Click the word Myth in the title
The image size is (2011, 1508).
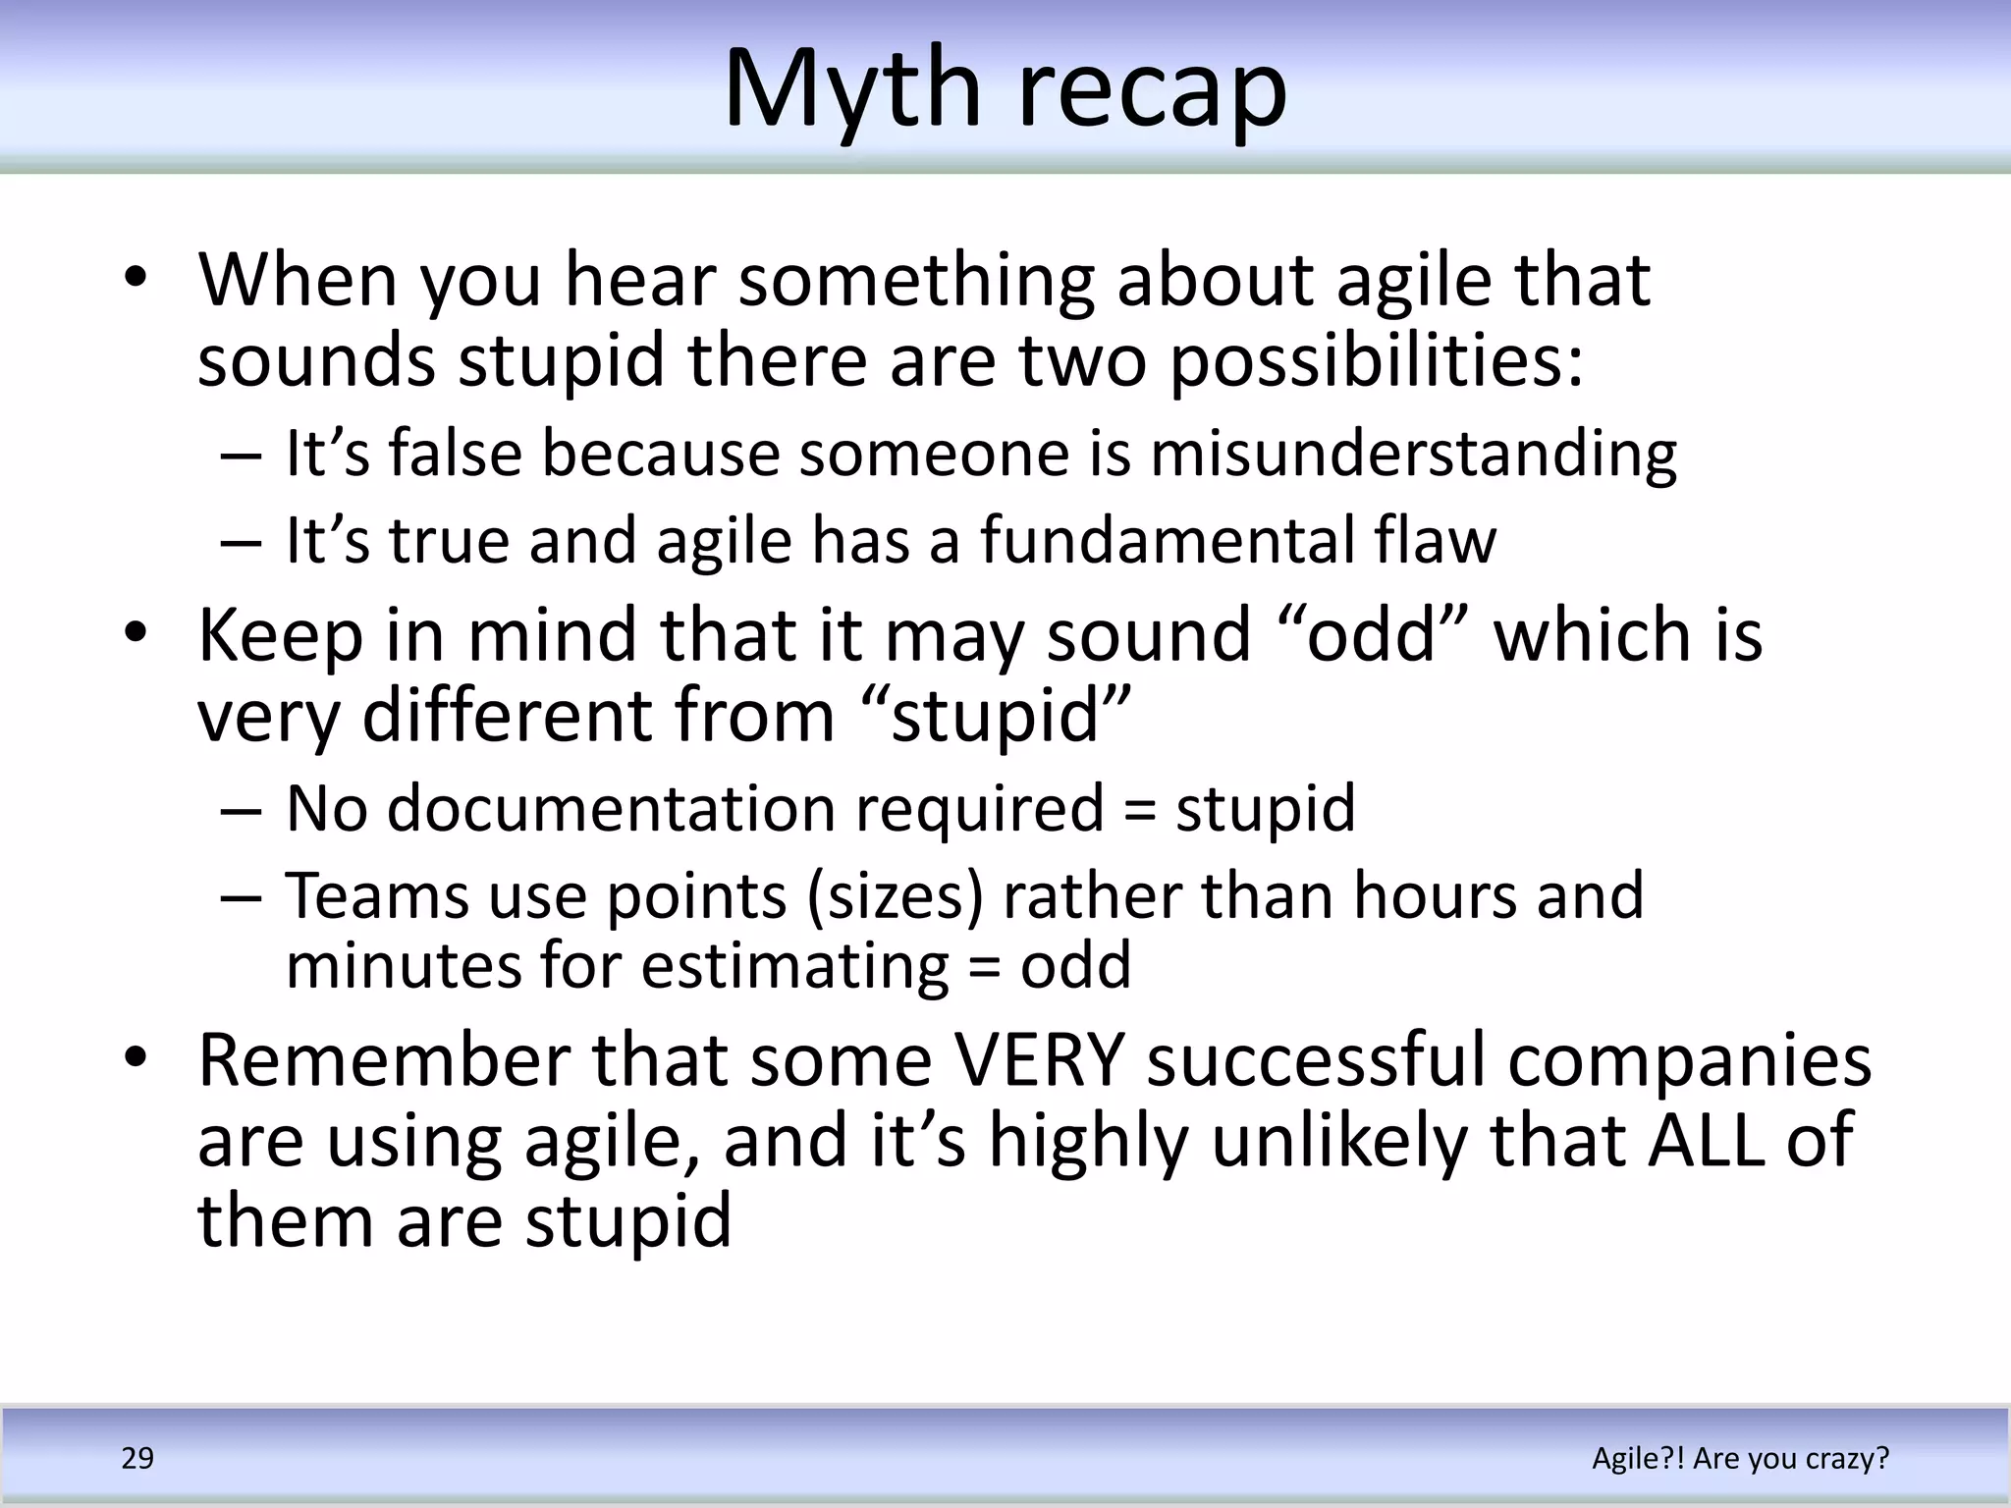click(851, 90)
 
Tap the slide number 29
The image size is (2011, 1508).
click(137, 1458)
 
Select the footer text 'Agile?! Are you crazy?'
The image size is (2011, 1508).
click(1740, 1458)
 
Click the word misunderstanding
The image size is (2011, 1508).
click(1413, 455)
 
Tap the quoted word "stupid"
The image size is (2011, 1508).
click(994, 717)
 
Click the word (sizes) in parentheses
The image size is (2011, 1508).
click(895, 896)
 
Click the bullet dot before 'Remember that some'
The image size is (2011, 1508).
click(136, 1058)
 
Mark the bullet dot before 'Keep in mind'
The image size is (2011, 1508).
click(136, 632)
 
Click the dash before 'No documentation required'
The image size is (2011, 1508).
click(241, 810)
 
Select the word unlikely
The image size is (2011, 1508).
click(1340, 1141)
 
